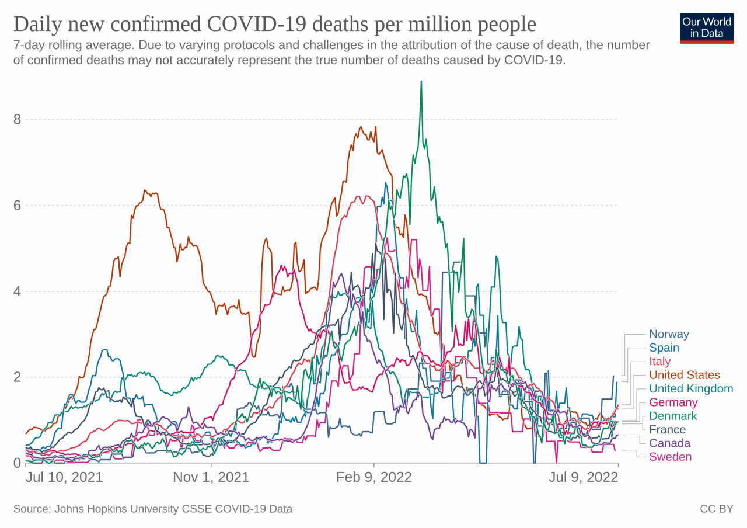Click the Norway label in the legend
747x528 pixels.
pos(669,335)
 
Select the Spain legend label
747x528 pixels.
pos(664,348)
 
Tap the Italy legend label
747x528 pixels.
pos(660,362)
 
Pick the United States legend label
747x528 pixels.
pos(685,375)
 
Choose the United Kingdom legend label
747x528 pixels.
pos(691,389)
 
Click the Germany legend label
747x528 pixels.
pos(673,402)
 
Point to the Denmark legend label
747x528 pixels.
pos(673,416)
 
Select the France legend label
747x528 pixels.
pos(667,430)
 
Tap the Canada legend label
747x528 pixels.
pos(669,443)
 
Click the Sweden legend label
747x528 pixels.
pos(670,457)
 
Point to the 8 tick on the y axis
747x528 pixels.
pos(17,120)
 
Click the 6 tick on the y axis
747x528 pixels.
pos(17,206)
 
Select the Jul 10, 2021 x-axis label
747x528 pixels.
pos(64,477)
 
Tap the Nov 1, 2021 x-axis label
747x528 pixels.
pos(211,477)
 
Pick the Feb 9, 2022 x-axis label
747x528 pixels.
pos(373,477)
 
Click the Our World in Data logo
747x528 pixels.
pos(706,27)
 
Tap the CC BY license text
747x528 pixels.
pos(716,509)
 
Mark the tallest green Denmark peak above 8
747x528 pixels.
pos(421,82)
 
